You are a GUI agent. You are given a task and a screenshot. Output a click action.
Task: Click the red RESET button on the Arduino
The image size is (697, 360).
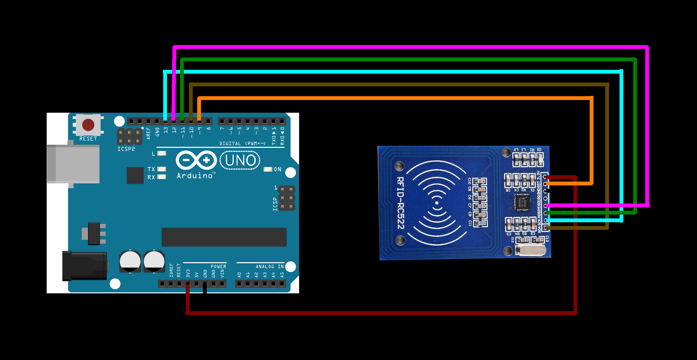pos(88,125)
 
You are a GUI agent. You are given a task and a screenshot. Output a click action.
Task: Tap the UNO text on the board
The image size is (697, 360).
pos(240,160)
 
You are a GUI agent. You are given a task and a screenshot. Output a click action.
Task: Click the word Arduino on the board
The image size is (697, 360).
pos(195,176)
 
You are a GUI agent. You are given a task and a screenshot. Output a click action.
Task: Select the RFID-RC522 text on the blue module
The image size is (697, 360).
pos(401,203)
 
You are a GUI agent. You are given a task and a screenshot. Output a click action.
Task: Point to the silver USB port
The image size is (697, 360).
pos(73,164)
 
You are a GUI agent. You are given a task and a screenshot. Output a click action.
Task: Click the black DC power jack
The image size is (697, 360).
pos(84,266)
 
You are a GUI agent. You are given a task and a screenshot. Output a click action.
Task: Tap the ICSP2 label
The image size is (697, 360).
pos(126,149)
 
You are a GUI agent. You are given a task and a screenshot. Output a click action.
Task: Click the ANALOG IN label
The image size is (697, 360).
pos(270,267)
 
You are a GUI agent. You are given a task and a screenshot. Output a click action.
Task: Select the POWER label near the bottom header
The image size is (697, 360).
pos(218,267)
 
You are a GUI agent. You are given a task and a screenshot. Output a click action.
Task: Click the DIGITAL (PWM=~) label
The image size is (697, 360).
pos(242,143)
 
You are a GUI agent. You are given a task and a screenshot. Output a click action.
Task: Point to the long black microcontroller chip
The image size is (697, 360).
pos(224,237)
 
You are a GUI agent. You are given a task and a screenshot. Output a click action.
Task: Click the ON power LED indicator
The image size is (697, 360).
pos(268,169)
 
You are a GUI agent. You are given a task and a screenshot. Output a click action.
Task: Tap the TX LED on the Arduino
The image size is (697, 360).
pos(162,169)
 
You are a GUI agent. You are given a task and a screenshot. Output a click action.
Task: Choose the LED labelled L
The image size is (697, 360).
pos(162,153)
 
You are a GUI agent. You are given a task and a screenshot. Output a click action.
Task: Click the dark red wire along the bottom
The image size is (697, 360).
pos(381,313)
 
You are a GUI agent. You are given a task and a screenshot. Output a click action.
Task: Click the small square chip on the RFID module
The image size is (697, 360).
pos(522,201)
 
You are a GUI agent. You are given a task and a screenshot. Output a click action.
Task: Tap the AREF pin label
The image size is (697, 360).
pos(148,133)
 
